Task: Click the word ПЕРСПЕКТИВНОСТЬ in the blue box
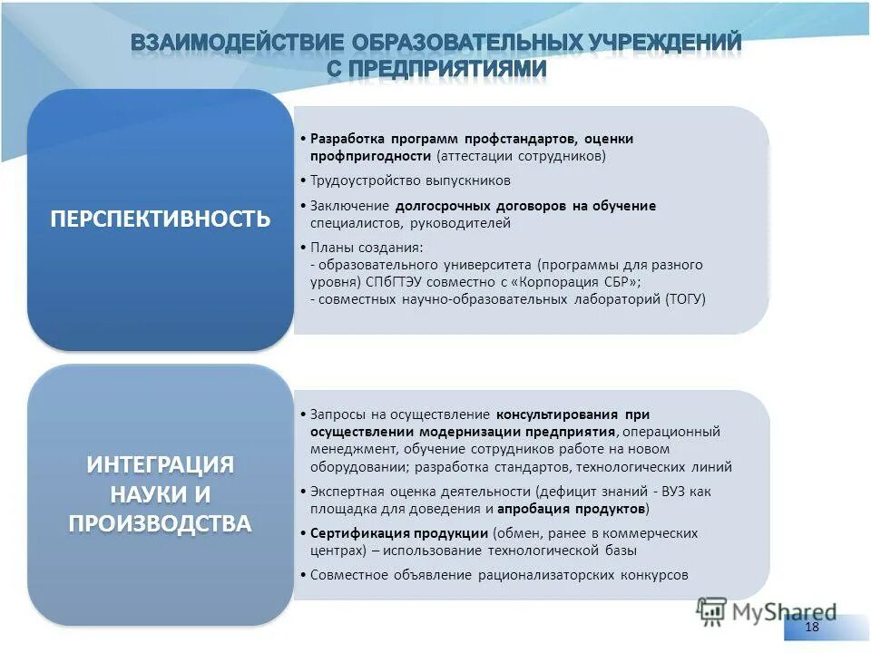[160, 219]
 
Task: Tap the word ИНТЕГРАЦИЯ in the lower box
[160, 464]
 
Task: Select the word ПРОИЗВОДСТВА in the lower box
[160, 523]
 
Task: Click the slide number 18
[811, 628]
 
